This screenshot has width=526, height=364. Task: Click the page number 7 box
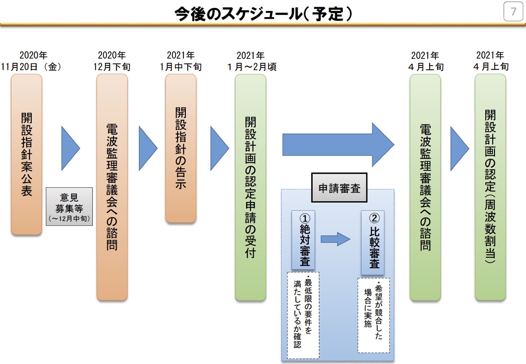coord(513,12)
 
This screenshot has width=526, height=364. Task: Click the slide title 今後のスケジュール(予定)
coord(263,14)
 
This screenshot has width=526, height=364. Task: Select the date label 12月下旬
coord(112,67)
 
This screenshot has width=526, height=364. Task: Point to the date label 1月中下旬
coord(181,67)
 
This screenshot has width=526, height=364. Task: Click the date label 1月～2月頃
coord(252,67)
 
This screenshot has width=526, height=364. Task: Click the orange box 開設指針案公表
coord(27,154)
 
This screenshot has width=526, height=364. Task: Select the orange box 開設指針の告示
coord(181,148)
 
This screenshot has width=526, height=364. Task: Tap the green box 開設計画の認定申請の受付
coord(251,187)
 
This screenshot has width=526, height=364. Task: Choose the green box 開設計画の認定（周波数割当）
coord(490,187)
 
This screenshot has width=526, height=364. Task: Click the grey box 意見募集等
coord(69,206)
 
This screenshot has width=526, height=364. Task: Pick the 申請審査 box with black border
coord(339,188)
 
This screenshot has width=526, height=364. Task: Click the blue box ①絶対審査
coord(303,240)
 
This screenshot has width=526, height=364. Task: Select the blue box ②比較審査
coord(373,242)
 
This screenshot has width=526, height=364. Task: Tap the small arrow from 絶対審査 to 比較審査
coord(336,239)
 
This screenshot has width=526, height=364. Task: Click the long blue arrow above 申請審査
coord(338,145)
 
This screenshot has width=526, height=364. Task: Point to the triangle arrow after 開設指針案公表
coord(71,148)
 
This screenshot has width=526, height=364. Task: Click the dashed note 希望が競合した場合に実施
coord(374,315)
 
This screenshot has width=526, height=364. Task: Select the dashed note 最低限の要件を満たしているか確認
coord(303,315)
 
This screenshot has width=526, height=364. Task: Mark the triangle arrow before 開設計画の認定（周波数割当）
coord(460,149)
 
